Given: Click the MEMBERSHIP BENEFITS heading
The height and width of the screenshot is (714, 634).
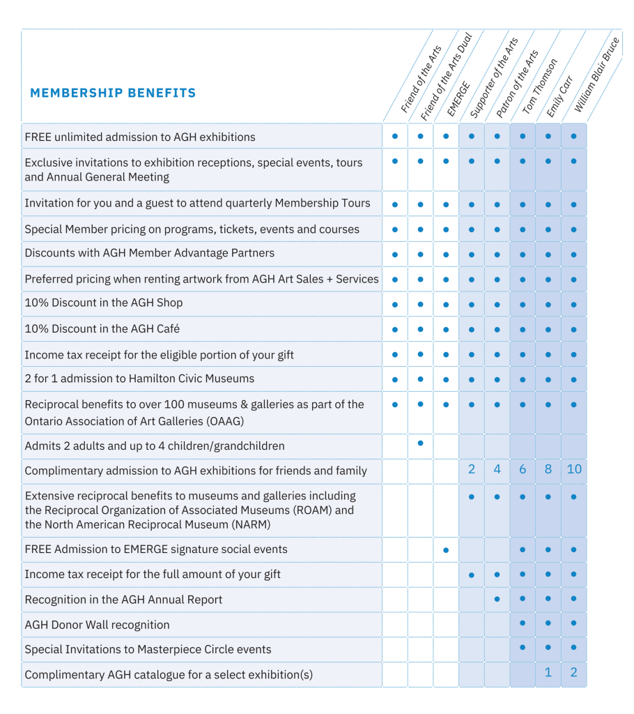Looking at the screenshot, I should [113, 93].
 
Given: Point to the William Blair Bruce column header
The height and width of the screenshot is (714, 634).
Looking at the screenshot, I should [597, 75].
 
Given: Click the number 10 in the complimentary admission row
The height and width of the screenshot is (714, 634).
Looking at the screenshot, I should [574, 469].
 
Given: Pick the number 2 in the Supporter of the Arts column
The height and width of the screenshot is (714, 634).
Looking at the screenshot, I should [472, 469].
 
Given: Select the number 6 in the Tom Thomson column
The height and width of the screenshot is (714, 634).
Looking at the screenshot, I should [523, 469].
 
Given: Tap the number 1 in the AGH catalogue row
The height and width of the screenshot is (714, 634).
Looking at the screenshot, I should [548, 674].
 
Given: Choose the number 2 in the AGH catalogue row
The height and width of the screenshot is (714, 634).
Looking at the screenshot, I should [574, 674].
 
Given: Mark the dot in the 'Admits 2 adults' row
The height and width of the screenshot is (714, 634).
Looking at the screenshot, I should [420, 443].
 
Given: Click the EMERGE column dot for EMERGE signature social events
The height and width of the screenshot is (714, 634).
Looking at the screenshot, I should [446, 550].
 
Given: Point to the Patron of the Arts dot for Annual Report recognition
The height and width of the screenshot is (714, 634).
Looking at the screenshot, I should [497, 599].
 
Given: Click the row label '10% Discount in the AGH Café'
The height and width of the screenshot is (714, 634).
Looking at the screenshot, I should [102, 328].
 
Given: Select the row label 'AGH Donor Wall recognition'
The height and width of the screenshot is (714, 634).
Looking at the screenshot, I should [97, 625].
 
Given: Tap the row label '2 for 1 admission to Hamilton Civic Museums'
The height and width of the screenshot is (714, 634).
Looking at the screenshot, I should [139, 379].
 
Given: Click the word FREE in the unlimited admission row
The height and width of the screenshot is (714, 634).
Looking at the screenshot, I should [38, 137].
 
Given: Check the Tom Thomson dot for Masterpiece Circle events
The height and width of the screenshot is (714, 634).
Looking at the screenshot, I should [523, 648].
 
